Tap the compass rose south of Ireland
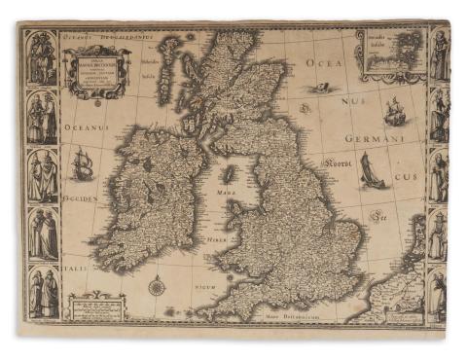[157, 286]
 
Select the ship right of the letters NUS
[394, 111]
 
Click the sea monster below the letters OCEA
[318, 90]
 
